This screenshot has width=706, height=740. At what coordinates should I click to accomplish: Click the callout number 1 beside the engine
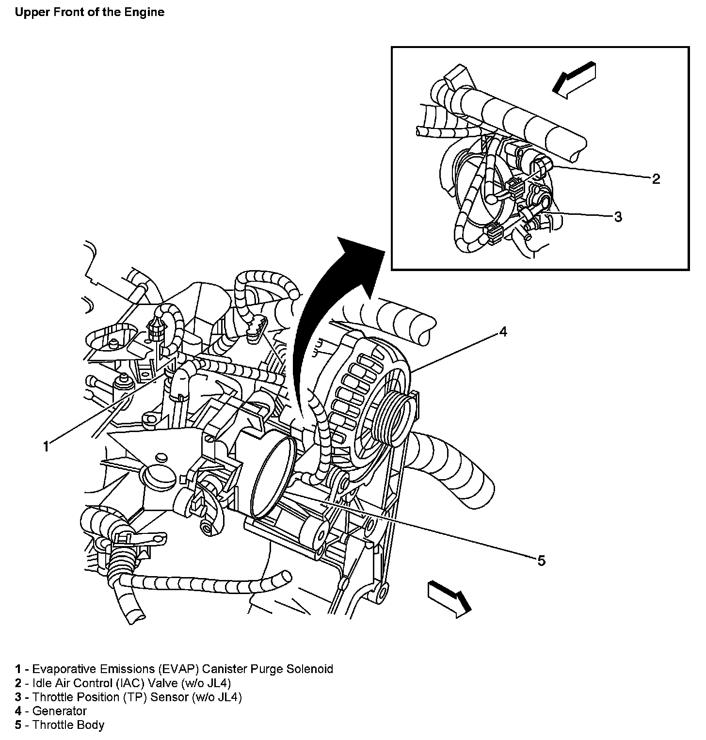(46, 446)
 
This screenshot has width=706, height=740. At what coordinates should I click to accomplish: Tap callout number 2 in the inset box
(656, 179)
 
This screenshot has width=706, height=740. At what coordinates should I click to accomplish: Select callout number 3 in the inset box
(618, 216)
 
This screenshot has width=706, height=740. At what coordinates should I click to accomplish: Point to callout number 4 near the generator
(503, 332)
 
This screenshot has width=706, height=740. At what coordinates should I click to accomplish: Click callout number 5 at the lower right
(541, 561)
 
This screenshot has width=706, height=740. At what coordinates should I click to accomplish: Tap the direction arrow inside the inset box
(575, 79)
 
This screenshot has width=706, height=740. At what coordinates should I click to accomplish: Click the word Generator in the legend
(59, 711)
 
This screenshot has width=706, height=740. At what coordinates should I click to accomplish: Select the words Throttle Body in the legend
(68, 725)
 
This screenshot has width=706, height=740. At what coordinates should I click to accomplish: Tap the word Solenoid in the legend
(309, 669)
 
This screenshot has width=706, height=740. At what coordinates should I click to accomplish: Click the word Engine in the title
(147, 12)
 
